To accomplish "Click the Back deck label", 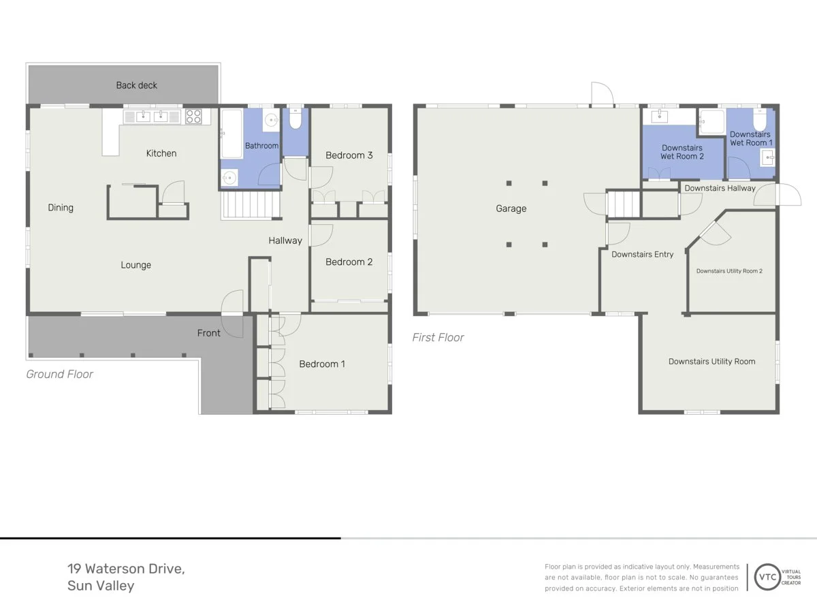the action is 137,85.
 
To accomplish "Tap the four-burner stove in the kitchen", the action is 193,116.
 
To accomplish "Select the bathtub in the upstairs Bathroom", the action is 232,133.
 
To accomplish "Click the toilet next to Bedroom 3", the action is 295,118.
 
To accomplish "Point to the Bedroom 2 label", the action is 349,262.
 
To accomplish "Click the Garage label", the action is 511,208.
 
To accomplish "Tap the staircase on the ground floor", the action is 251,204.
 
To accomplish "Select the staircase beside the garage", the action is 624,203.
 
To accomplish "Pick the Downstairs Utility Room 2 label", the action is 729,271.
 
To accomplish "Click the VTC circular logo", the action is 767,578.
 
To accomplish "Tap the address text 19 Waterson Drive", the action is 126,569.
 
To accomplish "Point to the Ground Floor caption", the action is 59,374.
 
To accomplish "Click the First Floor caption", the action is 438,338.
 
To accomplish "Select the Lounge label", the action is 136,265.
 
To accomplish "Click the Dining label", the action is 61,208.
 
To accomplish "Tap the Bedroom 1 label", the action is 322,364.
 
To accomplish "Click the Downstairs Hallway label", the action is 720,189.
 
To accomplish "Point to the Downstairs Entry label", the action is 643,255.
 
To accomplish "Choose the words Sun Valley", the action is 101,586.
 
